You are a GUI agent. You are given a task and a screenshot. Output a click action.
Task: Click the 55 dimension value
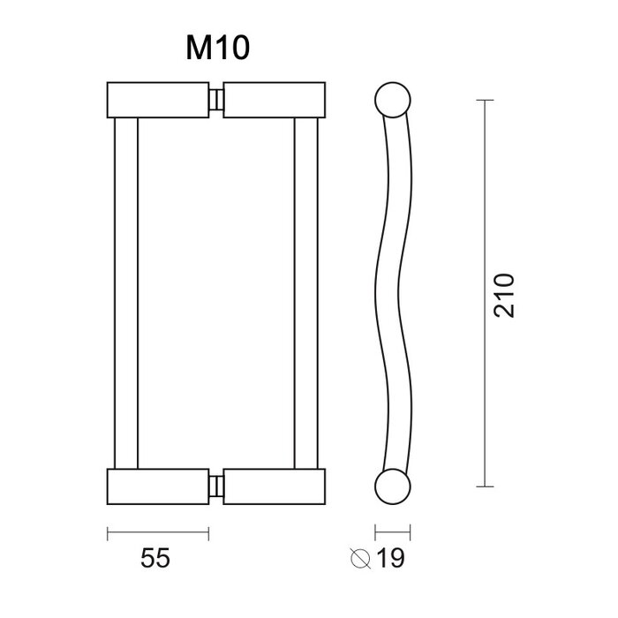coord(155,558)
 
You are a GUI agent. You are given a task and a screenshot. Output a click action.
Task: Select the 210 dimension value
coord(503,295)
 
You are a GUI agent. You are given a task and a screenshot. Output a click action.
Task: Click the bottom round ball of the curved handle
coord(394,486)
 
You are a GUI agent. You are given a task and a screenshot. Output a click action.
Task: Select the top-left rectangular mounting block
coord(158,100)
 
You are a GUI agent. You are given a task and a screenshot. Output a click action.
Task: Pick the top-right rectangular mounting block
coord(275,100)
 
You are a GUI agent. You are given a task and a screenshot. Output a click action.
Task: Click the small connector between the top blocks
coord(216,100)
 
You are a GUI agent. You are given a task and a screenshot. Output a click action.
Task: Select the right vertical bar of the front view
coord(305,293)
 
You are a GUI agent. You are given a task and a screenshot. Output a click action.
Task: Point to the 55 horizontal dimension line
coord(158,532)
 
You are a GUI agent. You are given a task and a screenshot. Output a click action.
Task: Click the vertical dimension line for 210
coord(483,293)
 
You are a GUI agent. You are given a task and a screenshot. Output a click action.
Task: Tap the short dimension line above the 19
coord(394,532)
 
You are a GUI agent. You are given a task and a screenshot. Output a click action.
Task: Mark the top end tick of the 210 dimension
coord(483,101)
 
